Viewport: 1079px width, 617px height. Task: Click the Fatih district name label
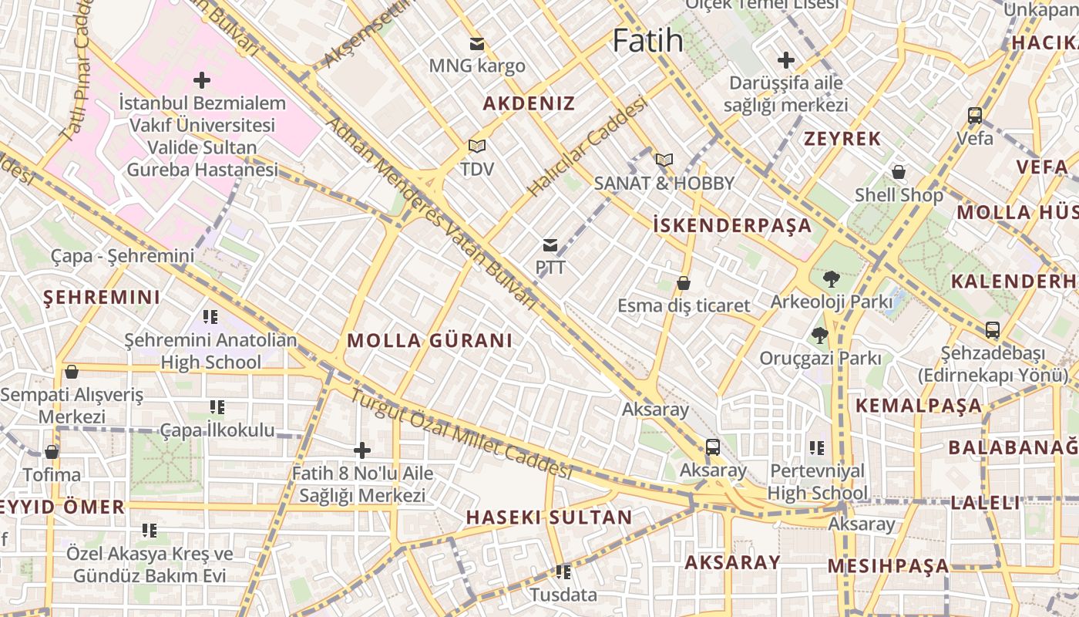click(647, 41)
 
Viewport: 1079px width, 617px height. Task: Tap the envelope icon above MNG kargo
click(477, 44)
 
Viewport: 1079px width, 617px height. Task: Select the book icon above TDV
click(477, 146)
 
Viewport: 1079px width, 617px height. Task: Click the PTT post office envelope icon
click(550, 245)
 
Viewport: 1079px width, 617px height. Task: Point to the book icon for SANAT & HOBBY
click(664, 160)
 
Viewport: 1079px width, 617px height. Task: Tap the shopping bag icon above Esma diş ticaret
click(683, 283)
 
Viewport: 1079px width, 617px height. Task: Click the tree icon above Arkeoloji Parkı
click(831, 278)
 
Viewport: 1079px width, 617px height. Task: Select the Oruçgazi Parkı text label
click(820, 359)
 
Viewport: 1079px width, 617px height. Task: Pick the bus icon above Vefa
click(975, 116)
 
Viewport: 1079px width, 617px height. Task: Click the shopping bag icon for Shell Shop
click(898, 172)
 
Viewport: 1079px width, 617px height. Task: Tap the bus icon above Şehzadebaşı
click(993, 330)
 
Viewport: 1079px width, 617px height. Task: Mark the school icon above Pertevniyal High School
click(817, 447)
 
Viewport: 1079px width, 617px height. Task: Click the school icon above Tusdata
click(563, 572)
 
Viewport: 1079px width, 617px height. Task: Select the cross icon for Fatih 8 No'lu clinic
click(361, 450)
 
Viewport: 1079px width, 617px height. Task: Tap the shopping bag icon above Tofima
click(52, 452)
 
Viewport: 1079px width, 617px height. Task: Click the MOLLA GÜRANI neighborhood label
click(429, 341)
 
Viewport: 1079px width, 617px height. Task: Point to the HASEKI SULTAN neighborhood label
click(549, 518)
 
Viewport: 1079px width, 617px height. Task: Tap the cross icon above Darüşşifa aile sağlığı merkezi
click(786, 59)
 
